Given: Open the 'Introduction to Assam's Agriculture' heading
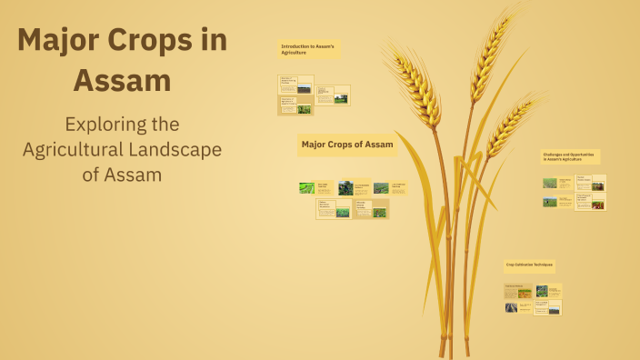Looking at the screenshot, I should [x=309, y=49].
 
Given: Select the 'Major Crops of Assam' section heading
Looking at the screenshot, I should [x=347, y=145].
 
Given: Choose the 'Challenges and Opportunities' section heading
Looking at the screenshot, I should [x=569, y=156].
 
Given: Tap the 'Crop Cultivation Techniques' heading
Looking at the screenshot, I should [x=530, y=265].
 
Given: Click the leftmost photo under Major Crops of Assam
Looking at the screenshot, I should [x=306, y=188].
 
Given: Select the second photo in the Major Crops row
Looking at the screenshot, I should [x=345, y=188].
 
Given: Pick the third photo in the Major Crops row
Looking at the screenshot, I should [x=381, y=188].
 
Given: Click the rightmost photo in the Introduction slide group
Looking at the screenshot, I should [x=341, y=98].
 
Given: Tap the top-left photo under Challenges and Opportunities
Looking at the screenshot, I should [x=550, y=183].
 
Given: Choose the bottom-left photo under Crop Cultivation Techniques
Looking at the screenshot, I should [x=512, y=307].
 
